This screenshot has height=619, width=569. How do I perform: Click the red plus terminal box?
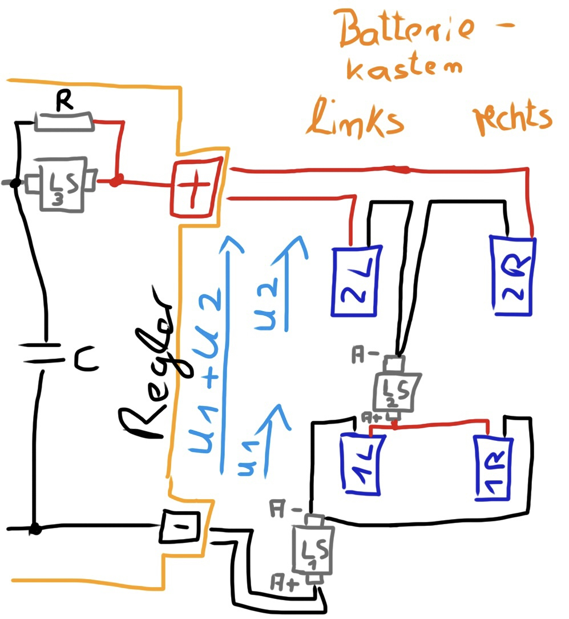194,187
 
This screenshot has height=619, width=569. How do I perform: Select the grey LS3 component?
59,183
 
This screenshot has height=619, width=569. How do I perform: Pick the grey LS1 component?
312,549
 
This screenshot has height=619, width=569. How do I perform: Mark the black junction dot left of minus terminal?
35,529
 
